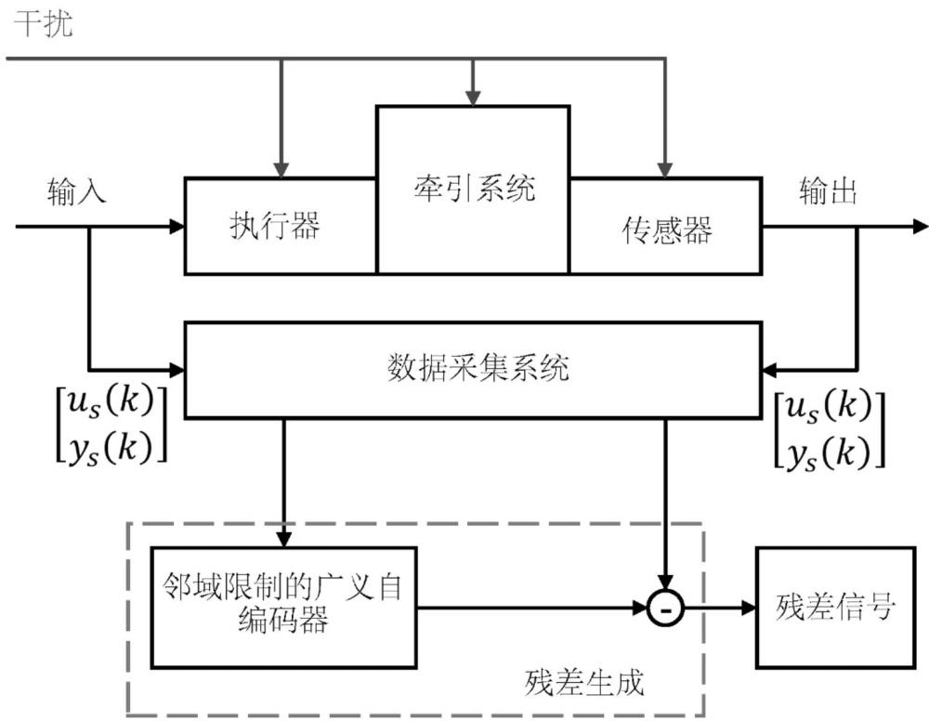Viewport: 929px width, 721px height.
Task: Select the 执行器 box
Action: point(280,226)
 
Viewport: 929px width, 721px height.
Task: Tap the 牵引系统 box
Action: point(473,190)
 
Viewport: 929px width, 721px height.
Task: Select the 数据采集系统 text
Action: point(477,369)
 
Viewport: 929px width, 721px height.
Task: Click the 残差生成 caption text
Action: point(582,685)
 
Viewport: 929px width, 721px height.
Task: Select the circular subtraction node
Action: point(666,609)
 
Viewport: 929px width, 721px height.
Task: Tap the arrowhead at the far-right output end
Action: point(920,226)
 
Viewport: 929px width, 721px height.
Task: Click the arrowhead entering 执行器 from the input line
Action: point(177,226)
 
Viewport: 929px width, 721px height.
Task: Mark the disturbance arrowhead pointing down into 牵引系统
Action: point(473,98)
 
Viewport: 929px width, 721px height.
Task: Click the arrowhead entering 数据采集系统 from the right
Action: point(769,369)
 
